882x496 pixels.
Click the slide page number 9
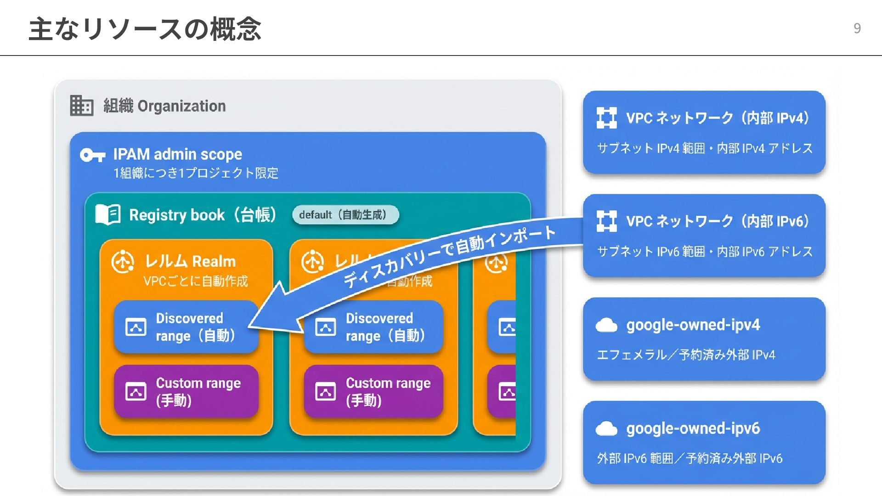pyautogui.click(x=857, y=28)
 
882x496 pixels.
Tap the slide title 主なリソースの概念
pyautogui.click(x=145, y=29)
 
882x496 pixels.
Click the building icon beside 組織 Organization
pyautogui.click(x=82, y=106)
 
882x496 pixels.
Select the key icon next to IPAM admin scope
pyautogui.click(x=92, y=155)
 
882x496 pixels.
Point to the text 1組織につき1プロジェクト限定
pyautogui.click(x=196, y=173)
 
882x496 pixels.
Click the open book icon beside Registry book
pyautogui.click(x=108, y=214)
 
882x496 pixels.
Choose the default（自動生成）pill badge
pyautogui.click(x=345, y=215)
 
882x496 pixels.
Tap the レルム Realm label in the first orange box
pyautogui.click(x=190, y=261)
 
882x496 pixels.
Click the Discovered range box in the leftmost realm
pyautogui.click(x=186, y=327)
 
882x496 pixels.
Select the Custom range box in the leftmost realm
pyautogui.click(x=186, y=391)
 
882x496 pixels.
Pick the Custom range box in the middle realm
pyautogui.click(x=373, y=391)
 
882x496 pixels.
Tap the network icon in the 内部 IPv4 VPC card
pyautogui.click(x=606, y=118)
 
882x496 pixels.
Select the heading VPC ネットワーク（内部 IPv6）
pyautogui.click(x=717, y=221)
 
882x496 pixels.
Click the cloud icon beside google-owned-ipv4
pyautogui.click(x=606, y=325)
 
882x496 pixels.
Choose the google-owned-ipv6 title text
pyautogui.click(x=693, y=428)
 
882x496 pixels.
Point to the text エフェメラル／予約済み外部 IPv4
pyautogui.click(x=686, y=355)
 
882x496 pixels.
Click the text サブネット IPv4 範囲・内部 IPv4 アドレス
pyautogui.click(x=705, y=148)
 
